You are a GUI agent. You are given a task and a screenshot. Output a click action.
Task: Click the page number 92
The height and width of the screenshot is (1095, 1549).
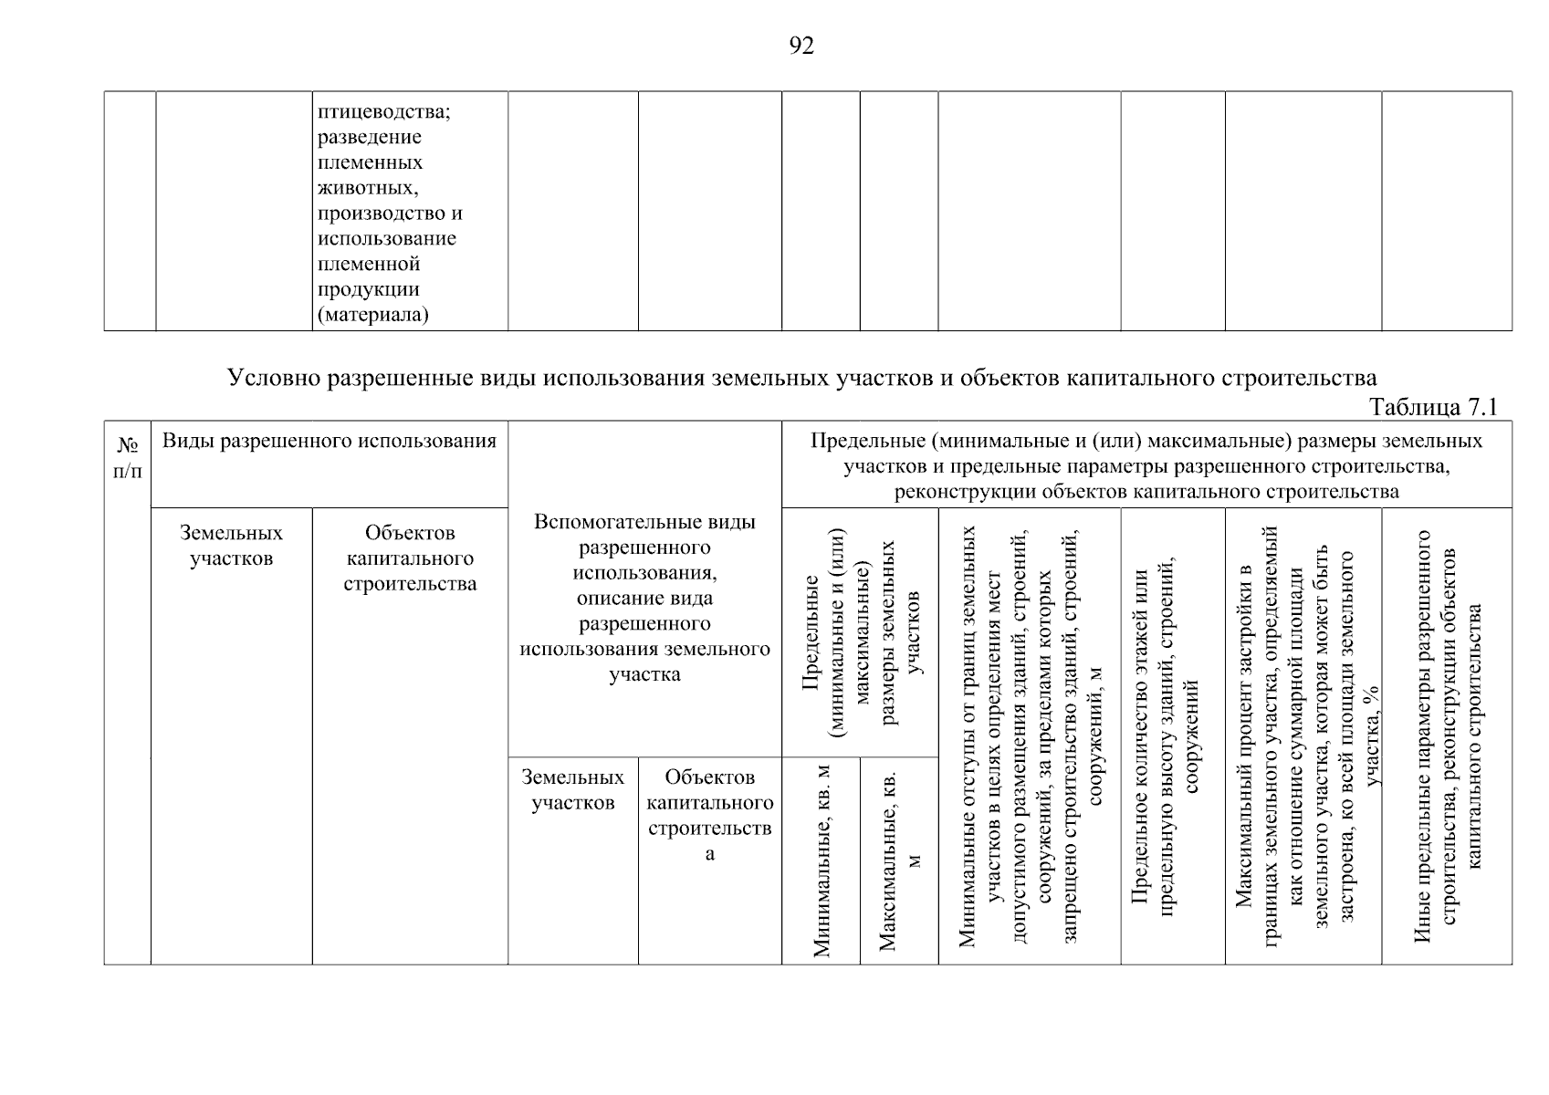click(x=801, y=47)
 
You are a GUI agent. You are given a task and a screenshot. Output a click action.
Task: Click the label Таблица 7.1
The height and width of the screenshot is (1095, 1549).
click(x=1434, y=407)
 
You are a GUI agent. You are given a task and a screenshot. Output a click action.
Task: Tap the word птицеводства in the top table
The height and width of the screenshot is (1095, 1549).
click(x=384, y=111)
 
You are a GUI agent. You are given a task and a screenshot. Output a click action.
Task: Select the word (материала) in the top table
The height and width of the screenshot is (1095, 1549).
click(x=372, y=315)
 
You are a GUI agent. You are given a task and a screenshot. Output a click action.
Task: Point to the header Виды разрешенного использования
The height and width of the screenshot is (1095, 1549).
click(x=329, y=442)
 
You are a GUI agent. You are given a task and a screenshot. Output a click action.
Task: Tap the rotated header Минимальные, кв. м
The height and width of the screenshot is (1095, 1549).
click(x=822, y=860)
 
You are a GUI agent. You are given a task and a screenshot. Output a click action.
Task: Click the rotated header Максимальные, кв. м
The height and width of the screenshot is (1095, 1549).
click(x=899, y=860)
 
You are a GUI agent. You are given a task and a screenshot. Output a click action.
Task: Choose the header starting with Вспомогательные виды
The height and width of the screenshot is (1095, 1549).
click(x=644, y=598)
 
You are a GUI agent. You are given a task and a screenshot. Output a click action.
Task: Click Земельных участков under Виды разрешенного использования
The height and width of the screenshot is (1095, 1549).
click(x=231, y=546)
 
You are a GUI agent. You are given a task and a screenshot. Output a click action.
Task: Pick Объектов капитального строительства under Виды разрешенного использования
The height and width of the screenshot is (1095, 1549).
click(x=410, y=558)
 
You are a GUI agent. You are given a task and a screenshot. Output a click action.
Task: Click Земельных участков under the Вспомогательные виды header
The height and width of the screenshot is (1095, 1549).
click(x=572, y=789)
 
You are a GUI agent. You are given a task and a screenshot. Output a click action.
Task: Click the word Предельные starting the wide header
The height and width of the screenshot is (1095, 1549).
click(x=868, y=442)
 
